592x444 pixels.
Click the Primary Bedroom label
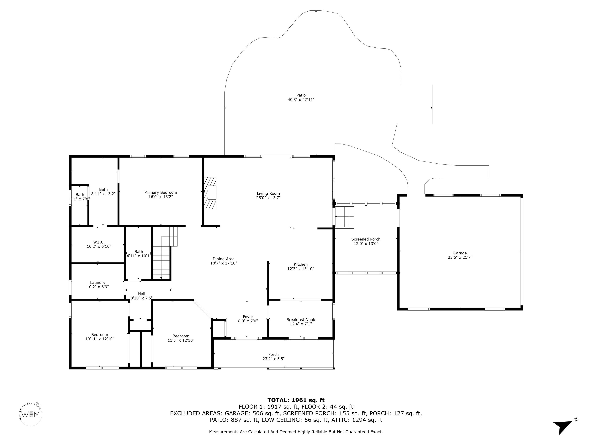[161, 193]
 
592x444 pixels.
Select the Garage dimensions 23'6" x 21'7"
[460, 257]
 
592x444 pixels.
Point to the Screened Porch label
[366, 239]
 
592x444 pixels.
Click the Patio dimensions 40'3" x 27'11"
[301, 100]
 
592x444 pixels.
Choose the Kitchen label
[301, 264]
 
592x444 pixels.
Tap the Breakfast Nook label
[301, 320]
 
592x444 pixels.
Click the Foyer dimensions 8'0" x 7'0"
[248, 321]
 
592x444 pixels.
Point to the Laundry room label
[98, 283]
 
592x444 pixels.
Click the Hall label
[142, 294]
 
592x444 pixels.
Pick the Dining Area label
[224, 259]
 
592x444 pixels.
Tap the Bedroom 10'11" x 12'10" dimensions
[100, 339]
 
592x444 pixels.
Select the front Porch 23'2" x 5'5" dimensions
[273, 359]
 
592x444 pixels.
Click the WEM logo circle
[31, 414]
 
